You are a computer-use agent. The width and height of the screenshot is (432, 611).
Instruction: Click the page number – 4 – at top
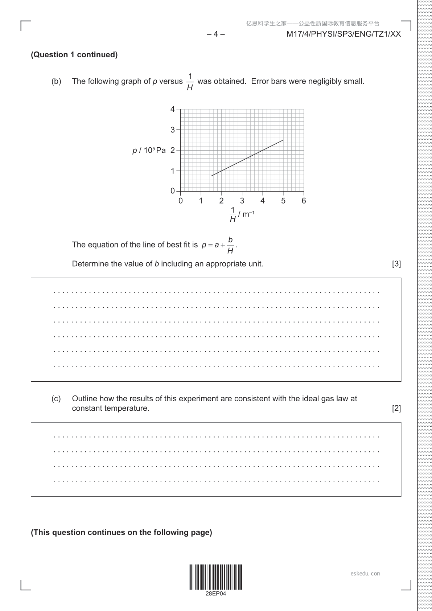tap(216, 34)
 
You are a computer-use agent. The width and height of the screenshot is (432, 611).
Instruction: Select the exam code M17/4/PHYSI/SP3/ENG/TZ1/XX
tap(343, 34)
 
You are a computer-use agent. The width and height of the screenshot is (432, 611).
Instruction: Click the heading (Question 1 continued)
tap(74, 55)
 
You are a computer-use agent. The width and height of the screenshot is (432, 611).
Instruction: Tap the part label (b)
tap(56, 81)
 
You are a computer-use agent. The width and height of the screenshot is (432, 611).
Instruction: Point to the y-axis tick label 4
tap(173, 109)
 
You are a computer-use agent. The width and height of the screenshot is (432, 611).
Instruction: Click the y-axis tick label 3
tap(173, 130)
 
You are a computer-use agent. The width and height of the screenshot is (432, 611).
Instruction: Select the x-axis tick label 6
tap(304, 201)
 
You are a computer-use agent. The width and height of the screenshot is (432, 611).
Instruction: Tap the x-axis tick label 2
tap(221, 201)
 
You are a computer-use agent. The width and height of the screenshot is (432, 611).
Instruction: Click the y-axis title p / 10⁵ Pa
tap(149, 150)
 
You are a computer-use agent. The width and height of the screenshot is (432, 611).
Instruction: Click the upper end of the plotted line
tap(283, 140)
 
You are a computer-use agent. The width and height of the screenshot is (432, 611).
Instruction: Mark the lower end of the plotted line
tap(211, 176)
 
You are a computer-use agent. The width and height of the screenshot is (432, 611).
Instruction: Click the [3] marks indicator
tap(396, 264)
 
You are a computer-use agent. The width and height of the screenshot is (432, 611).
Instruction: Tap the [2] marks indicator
tap(396, 409)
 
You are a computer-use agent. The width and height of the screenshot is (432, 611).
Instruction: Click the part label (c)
tap(56, 399)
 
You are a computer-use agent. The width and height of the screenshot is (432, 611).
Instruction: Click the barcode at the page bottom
tap(216, 577)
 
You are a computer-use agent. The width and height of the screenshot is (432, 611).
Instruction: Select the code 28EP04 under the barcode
tap(216, 594)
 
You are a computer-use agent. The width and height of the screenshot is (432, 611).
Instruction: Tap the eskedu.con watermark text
tap(365, 574)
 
